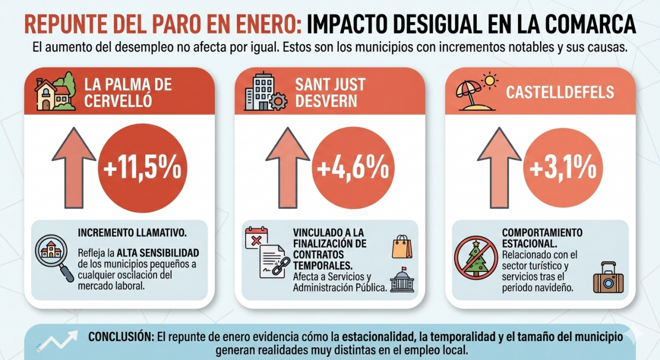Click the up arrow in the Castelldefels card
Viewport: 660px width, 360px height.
[x=499, y=167]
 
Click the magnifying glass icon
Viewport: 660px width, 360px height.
[x=53, y=258]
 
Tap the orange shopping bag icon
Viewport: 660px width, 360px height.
[x=401, y=246]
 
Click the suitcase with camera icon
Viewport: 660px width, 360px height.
[x=608, y=277]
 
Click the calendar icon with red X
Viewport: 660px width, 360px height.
[x=256, y=237]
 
